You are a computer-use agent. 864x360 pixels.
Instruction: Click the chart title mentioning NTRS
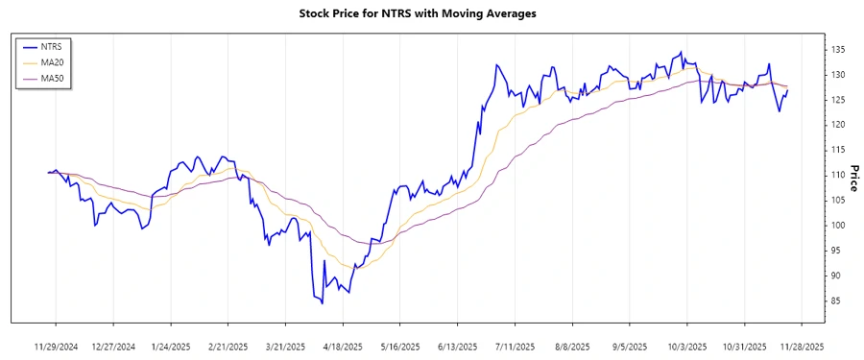click(432, 13)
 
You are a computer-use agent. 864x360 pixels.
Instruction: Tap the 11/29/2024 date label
click(56, 346)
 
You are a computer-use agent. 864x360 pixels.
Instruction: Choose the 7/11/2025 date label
click(515, 346)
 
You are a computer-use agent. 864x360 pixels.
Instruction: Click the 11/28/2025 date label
click(802, 346)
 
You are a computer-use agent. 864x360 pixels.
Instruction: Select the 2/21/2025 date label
click(228, 346)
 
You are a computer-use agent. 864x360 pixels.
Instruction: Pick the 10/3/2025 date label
click(687, 346)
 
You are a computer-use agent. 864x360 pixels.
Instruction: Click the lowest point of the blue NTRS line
click(322, 303)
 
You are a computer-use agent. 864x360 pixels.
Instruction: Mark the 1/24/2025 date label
click(170, 346)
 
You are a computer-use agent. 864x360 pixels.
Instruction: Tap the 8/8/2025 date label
click(572, 346)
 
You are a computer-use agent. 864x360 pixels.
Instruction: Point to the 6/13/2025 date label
click(457, 346)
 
